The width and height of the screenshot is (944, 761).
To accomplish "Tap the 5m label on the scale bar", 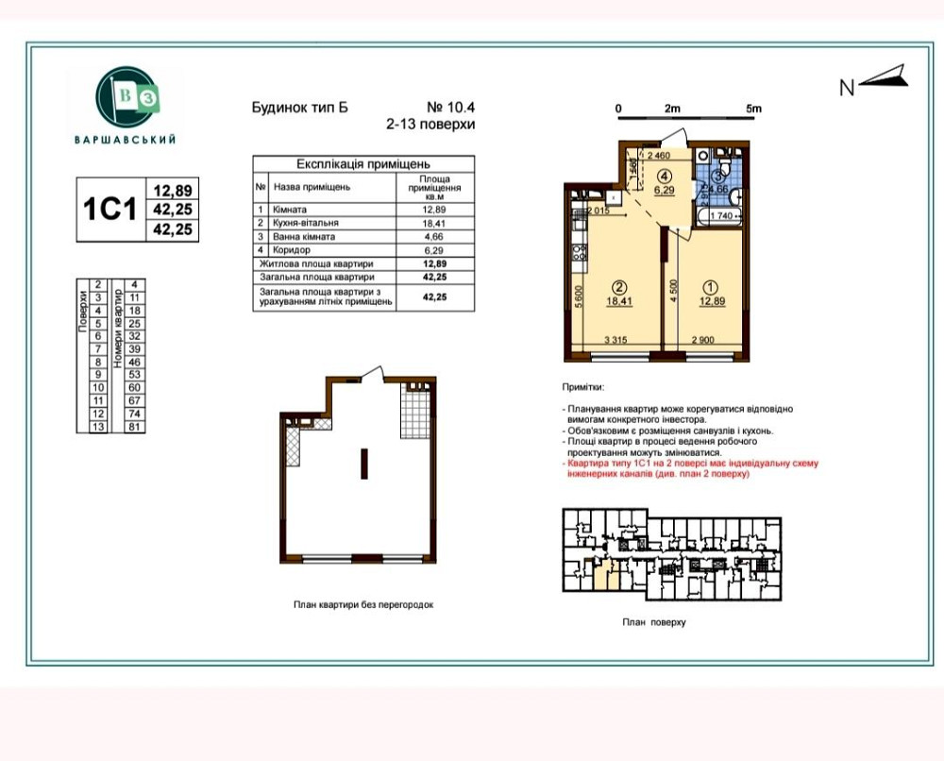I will [x=752, y=109].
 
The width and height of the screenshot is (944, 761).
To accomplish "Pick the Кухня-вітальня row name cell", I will [x=306, y=223].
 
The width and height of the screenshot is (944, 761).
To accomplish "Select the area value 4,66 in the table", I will [x=433, y=236].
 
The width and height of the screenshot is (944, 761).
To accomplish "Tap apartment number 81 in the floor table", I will [x=134, y=426].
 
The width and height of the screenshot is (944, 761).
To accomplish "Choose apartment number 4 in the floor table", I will [x=134, y=283].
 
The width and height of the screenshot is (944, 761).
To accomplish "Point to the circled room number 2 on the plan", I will [x=618, y=287].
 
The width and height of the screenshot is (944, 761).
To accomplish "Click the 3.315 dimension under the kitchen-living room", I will [x=615, y=339].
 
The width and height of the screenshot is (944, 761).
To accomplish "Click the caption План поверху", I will [x=653, y=623].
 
